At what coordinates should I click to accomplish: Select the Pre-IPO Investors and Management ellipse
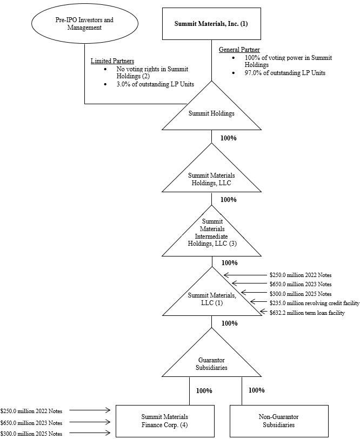coord(85,24)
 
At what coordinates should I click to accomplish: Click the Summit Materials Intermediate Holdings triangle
coord(211,235)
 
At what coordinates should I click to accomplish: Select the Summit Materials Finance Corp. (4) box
coord(165,421)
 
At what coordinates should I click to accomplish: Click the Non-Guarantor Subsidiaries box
coord(279,421)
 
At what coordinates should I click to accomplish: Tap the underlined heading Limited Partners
coord(112,61)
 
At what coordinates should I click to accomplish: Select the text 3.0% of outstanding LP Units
coord(155,84)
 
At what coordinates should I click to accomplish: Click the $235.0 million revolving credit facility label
coord(315,303)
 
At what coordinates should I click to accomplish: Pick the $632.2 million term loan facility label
coord(307,313)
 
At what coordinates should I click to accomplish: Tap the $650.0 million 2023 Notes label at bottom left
coord(31,423)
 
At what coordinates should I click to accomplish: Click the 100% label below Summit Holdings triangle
coord(229,138)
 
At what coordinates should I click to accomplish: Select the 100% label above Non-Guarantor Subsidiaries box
coord(256,390)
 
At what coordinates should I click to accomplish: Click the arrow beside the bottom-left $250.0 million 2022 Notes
coord(90,411)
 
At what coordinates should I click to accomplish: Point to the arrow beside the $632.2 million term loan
coord(261,312)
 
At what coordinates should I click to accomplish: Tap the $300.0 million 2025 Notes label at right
coord(301,293)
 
